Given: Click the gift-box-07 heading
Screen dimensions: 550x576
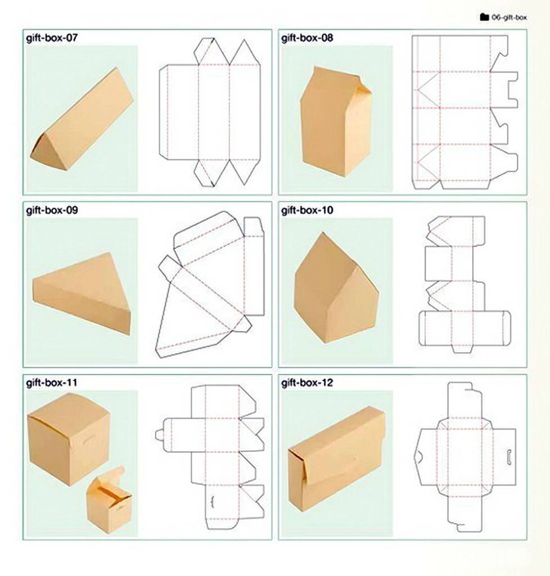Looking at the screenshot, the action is (x=52, y=38).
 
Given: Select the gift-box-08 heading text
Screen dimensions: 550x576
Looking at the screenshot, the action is (x=307, y=38).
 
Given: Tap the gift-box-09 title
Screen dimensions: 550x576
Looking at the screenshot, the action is (x=52, y=210).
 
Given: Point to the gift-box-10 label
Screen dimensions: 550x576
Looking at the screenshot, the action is (x=307, y=210).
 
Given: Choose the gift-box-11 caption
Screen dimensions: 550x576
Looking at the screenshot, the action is (x=51, y=382).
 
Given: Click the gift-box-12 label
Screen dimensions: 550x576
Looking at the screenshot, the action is (x=307, y=382).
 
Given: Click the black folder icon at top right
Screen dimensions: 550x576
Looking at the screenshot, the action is (x=484, y=17).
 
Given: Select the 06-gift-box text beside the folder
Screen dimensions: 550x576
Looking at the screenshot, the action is (x=509, y=17).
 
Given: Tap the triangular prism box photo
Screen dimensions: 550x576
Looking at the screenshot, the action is (x=82, y=119).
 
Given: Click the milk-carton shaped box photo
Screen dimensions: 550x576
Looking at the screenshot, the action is (x=336, y=121).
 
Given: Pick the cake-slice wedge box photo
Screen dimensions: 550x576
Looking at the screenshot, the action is (x=82, y=292).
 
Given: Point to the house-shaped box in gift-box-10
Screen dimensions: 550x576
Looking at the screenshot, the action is (x=336, y=289).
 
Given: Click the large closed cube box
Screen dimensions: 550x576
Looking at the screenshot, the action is (x=69, y=439).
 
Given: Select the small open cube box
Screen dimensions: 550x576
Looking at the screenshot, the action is (x=109, y=500).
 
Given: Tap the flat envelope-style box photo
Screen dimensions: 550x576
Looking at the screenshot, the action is (x=337, y=459).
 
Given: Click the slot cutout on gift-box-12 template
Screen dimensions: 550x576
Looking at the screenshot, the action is (x=510, y=456).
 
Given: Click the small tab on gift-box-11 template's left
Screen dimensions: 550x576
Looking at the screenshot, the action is (x=159, y=435).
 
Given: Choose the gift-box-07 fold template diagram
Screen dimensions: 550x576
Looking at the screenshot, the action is (x=210, y=112).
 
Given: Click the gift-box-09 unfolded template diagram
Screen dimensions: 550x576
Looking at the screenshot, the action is (x=210, y=284).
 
